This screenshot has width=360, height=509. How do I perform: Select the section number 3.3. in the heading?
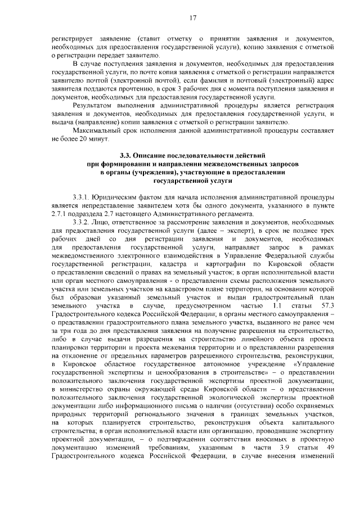pyautogui.click(x=127, y=155)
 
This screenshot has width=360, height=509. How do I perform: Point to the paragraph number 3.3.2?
pyautogui.click(x=83, y=222)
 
